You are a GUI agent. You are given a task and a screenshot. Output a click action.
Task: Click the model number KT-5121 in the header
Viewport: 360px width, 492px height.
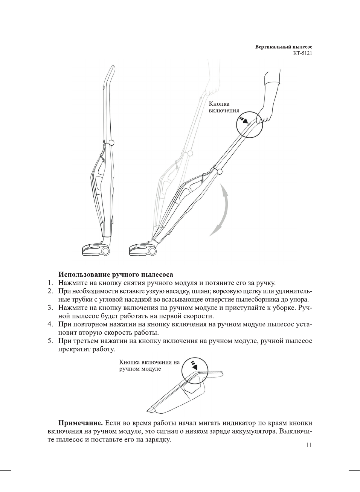302,53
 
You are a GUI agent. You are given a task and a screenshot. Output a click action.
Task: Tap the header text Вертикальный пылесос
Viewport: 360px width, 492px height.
284,47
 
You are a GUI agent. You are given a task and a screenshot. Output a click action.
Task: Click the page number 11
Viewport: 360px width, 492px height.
309,445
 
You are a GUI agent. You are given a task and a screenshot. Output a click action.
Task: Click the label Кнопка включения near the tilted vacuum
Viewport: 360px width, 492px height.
224,107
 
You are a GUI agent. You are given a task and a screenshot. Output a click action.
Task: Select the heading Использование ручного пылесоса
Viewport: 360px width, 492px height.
116,274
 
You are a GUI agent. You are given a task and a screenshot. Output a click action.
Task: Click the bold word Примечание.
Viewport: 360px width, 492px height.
80,423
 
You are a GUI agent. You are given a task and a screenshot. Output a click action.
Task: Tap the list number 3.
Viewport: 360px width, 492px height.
50,308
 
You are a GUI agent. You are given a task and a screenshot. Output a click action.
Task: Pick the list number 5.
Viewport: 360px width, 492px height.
50,341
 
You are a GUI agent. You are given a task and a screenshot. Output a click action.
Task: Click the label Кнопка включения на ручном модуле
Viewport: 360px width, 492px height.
149,366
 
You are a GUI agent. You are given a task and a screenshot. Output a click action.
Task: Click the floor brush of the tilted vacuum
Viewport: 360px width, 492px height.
143,249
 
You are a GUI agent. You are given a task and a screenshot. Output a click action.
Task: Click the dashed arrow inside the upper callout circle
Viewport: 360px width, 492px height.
244,120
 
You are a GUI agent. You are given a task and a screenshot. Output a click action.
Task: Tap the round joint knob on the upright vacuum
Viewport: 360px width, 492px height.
111,143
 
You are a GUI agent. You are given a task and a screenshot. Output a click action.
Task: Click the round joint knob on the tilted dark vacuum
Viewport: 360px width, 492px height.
220,172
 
